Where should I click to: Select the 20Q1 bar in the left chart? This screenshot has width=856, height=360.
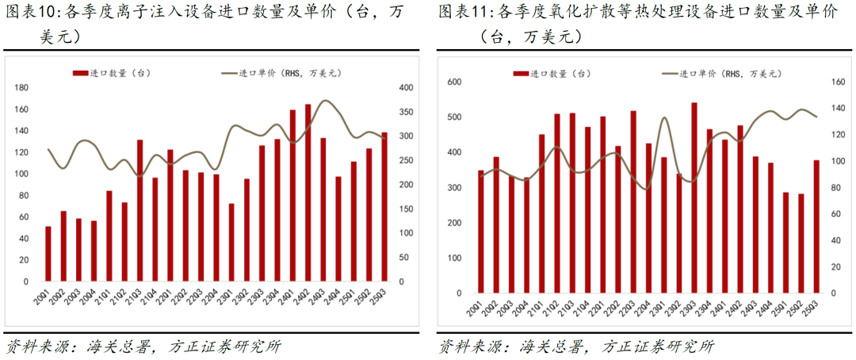[x=48, y=254]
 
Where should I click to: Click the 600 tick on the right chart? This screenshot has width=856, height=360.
[x=454, y=82]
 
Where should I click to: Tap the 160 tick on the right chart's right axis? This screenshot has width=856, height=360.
[x=839, y=82]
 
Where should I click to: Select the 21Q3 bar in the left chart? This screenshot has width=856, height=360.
[x=140, y=211]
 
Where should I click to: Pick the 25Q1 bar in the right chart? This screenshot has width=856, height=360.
[x=786, y=243]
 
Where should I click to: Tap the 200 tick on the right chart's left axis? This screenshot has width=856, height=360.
[x=454, y=223]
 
